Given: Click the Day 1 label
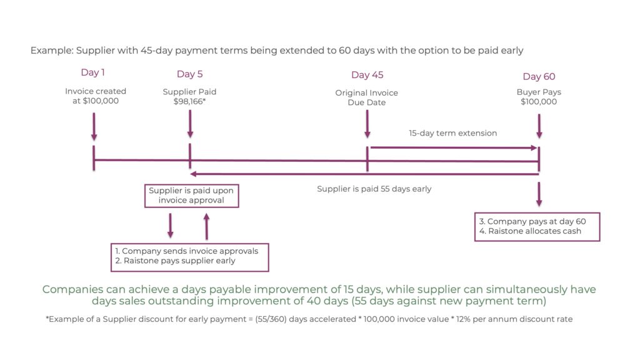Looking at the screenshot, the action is click(92, 72).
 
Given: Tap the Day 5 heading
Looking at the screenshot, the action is click(189, 74).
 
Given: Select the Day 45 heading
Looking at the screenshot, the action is click(367, 75).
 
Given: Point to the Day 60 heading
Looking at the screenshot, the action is click(539, 77).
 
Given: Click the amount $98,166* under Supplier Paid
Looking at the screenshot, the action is click(189, 102).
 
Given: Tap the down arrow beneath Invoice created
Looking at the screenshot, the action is click(94, 127).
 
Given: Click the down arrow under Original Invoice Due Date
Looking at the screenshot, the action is click(367, 124).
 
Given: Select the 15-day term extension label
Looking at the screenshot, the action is click(452, 133).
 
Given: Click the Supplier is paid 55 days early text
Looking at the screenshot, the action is click(374, 189).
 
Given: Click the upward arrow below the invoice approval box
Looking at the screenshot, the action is click(206, 226).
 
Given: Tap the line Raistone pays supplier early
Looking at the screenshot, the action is click(175, 261).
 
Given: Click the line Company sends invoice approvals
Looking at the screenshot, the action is click(186, 251).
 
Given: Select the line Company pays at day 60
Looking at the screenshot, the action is click(532, 221).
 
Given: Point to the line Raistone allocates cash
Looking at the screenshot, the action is click(530, 231).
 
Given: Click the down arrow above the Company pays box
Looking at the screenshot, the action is click(539, 194).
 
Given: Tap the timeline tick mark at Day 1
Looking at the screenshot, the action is click(94, 158).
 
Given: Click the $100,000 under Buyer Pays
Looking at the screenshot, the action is click(538, 102).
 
